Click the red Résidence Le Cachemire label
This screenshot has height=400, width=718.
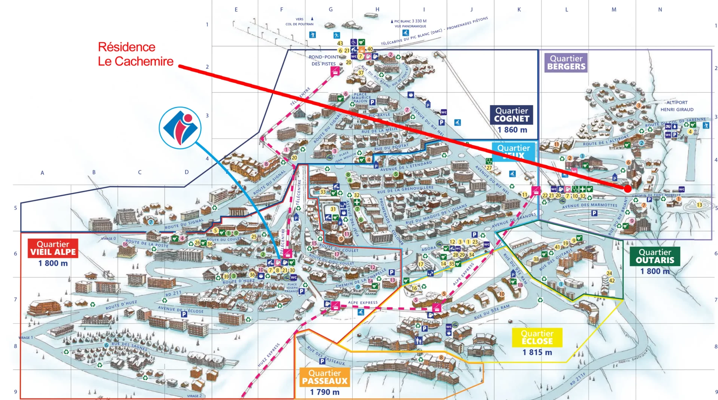(x=135, y=54)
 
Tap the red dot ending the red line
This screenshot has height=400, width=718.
(x=628, y=189)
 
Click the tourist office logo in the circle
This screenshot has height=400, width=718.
(x=180, y=128)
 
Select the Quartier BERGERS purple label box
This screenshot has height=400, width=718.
(x=566, y=62)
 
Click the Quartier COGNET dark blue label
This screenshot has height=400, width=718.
(x=511, y=115)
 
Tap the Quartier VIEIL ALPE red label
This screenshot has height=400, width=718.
(x=53, y=248)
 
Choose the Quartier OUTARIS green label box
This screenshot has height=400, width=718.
(x=654, y=256)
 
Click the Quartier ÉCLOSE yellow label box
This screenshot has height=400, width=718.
(x=537, y=337)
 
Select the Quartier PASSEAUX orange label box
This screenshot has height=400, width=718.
(x=325, y=377)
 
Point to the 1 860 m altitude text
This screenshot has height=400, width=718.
(x=512, y=130)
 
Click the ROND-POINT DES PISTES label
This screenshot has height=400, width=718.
(x=324, y=60)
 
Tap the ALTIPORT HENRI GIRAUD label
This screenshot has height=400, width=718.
(x=677, y=106)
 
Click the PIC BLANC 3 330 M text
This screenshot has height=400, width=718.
(x=410, y=21)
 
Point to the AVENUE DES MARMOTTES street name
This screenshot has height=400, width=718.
(x=589, y=205)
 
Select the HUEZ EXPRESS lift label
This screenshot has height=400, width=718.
(x=269, y=355)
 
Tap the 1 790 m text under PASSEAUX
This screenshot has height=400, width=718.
(x=325, y=392)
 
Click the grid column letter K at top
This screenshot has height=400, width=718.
(x=519, y=10)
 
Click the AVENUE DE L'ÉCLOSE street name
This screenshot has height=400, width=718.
(x=181, y=310)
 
